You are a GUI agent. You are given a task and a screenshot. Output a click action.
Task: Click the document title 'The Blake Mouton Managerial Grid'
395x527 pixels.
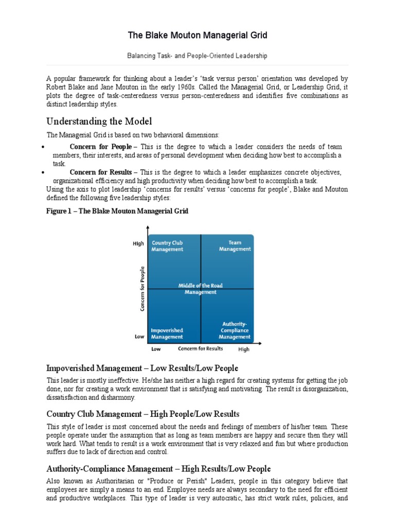[197, 36]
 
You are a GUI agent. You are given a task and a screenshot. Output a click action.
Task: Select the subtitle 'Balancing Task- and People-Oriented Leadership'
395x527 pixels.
[197, 55]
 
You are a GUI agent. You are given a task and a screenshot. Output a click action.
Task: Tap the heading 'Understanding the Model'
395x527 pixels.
[99, 121]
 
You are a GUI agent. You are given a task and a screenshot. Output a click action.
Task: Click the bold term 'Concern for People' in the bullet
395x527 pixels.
[100, 147]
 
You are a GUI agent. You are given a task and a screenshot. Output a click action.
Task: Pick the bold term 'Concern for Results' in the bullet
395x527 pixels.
[101, 172]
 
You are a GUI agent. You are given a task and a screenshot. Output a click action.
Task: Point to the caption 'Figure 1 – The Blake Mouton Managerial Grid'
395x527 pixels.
[117, 211]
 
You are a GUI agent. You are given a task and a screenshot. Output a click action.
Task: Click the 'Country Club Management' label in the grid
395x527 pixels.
[167, 246]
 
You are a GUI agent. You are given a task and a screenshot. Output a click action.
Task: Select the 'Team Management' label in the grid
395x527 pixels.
[235, 246]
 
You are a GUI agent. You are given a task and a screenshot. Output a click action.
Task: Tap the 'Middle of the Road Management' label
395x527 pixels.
[201, 289]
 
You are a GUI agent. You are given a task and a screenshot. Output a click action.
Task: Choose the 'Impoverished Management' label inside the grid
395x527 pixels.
[167, 333]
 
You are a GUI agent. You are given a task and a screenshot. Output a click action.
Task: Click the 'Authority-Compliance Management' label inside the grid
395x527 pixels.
[234, 330]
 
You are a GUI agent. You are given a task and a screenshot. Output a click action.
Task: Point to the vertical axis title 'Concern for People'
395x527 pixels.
[142, 288]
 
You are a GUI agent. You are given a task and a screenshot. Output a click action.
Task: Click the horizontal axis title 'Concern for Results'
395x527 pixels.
[201, 349]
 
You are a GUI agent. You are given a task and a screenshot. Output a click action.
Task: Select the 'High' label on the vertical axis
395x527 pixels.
[138, 244]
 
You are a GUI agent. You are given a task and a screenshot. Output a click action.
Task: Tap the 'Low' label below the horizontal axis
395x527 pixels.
[156, 349]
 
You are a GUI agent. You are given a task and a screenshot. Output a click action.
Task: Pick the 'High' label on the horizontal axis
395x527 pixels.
[243, 349]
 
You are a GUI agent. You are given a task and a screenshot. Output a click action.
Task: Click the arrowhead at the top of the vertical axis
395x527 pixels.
[148, 228]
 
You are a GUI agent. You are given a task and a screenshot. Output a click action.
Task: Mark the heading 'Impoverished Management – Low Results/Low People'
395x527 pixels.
[142, 368]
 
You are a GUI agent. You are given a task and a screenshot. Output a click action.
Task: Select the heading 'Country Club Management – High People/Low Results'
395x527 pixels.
[142, 414]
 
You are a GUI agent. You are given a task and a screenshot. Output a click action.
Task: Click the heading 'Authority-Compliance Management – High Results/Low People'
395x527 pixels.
[158, 469]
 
